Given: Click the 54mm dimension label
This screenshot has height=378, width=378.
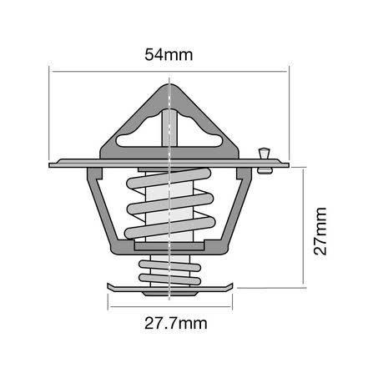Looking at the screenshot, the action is click(169, 55).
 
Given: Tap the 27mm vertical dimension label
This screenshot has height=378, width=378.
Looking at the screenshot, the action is click(320, 231).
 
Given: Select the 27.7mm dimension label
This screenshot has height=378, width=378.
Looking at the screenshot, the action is click(176, 324).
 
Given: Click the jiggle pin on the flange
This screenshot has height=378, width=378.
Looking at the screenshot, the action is click(265, 161).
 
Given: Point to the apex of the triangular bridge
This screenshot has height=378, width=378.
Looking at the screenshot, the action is click(169, 85).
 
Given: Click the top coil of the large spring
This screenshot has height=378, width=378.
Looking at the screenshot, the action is click(169, 179).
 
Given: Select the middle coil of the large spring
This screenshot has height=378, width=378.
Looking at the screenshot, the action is click(170, 204).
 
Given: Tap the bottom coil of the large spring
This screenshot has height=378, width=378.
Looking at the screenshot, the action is click(170, 228).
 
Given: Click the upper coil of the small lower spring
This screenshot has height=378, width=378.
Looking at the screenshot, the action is click(169, 265).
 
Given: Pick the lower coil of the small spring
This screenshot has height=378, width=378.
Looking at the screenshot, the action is click(169, 280).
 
